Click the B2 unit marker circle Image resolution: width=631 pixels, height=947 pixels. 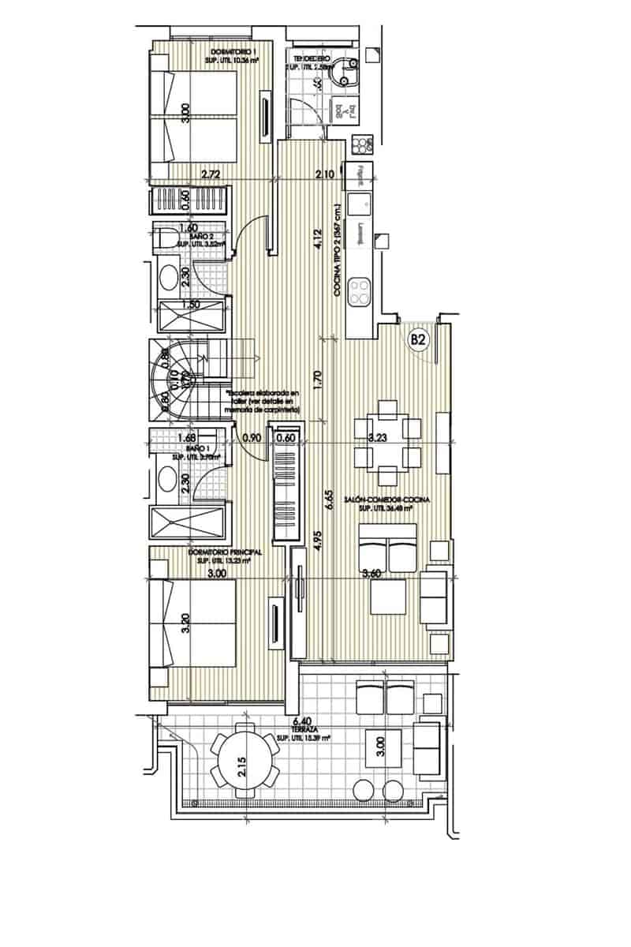418,340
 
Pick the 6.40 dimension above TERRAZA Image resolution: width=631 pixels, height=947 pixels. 300,721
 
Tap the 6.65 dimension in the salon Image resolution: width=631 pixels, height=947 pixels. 327,501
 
